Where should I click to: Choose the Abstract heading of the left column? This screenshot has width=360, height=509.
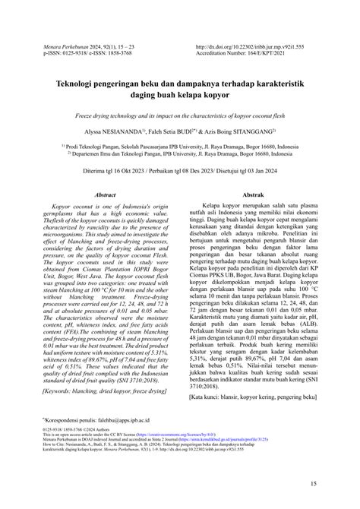(104, 195)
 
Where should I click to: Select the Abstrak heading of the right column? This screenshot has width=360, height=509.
(252, 195)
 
